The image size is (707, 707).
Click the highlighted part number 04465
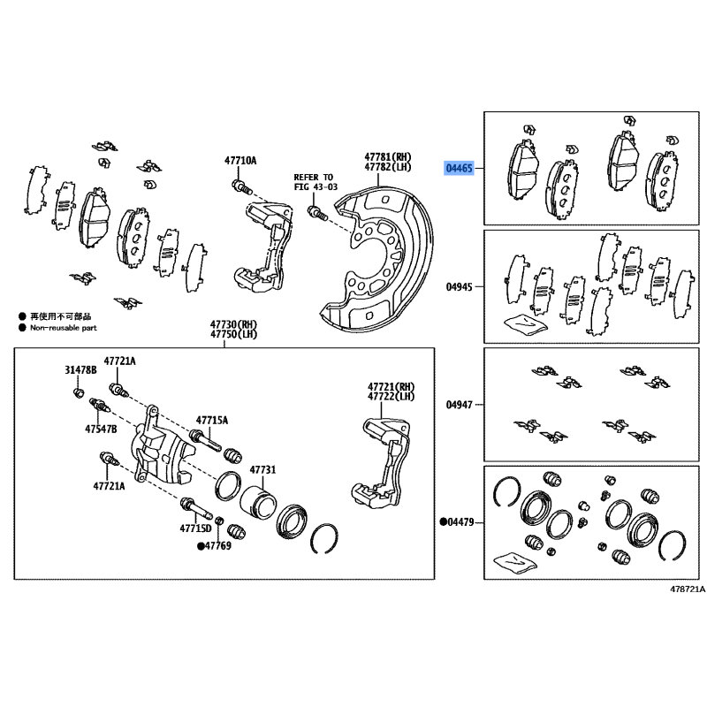pos(459,169)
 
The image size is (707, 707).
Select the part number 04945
pos(459,286)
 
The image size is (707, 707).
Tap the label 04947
pos(459,405)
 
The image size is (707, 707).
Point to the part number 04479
pos(460,522)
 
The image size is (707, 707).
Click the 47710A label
pos(240,161)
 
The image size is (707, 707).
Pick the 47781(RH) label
pos(388,157)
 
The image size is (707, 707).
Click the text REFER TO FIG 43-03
pos(315,182)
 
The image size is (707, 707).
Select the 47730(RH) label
pos(233,324)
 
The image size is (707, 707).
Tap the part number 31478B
pos(80,370)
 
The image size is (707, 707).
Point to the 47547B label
pos(101,429)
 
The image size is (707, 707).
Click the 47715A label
pos(212,421)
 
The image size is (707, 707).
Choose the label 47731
pos(262,470)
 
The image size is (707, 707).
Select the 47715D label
pos(195,528)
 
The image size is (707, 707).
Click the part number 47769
pos(217,546)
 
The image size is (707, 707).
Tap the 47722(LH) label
pos(391,397)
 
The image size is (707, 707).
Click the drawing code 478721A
pos(688,589)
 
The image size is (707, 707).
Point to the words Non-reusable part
pos(64,328)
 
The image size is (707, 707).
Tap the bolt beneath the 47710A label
pos(242,186)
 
